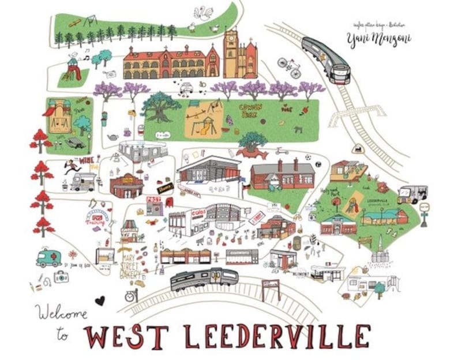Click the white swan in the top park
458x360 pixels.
tap(202, 12)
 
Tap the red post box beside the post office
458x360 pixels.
tap(169, 202)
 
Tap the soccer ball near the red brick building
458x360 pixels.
tap(308, 157)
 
